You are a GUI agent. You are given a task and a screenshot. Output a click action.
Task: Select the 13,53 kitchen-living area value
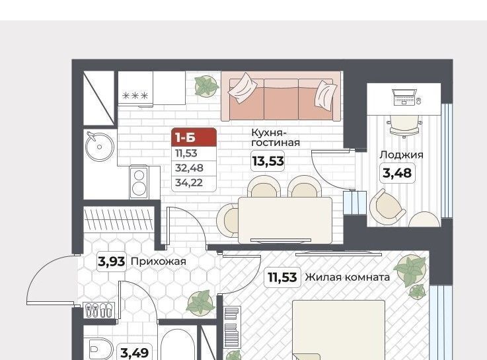(x=268, y=161)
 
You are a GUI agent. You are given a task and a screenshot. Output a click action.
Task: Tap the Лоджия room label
(x=401, y=155)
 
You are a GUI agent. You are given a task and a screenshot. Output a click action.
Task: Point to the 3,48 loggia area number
(x=397, y=172)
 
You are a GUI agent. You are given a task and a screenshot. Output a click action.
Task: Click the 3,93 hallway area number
(x=112, y=262)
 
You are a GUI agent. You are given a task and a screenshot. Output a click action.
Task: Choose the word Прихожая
(x=159, y=262)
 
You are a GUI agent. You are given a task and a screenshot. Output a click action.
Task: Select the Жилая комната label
(x=347, y=277)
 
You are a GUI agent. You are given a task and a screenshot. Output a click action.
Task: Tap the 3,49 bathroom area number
(x=135, y=353)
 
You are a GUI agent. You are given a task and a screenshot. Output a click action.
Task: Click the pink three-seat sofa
(x=281, y=96)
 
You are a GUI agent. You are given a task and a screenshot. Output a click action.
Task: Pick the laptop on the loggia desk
(x=404, y=97)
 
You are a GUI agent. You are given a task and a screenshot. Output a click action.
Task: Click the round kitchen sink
(x=99, y=147)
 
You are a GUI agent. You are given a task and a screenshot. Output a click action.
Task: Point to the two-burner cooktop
(x=139, y=182)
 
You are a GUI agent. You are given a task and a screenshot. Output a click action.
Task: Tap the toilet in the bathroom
(x=98, y=349)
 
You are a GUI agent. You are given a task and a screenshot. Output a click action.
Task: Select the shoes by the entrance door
(x=98, y=310)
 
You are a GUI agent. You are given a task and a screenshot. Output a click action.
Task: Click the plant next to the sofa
(x=206, y=86)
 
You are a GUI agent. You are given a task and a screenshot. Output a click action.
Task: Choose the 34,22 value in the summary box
(x=189, y=182)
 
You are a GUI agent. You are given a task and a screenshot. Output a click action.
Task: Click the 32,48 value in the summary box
(x=189, y=168)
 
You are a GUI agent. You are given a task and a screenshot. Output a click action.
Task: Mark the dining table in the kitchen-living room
(x=285, y=220)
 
